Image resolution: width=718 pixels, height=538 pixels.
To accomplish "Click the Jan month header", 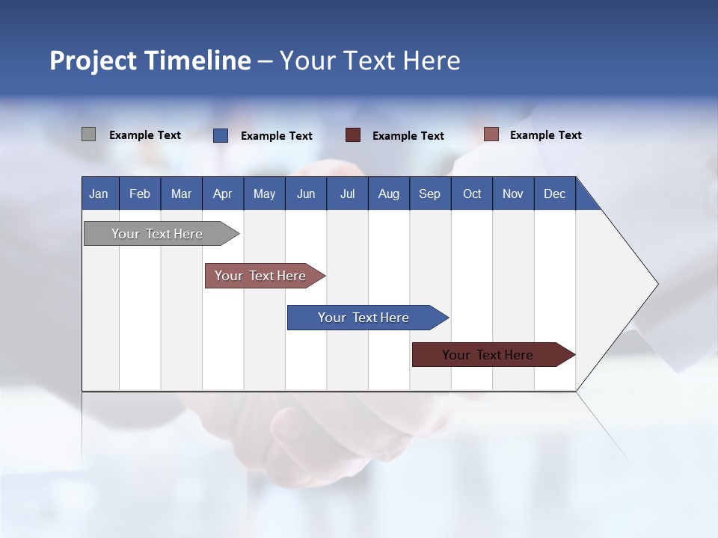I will pyautogui.click(x=99, y=194).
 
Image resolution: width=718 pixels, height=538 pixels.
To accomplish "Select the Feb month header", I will pyautogui.click(x=140, y=194).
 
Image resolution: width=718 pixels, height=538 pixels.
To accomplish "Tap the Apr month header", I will pyautogui.click(x=223, y=194).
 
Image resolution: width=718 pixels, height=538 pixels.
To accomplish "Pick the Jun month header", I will pyautogui.click(x=306, y=194).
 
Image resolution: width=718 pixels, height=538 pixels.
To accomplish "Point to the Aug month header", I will pyautogui.click(x=389, y=194).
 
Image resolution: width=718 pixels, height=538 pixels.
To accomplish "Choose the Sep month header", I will pyautogui.click(x=430, y=194).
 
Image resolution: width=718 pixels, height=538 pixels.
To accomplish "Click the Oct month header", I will pyautogui.click(x=472, y=194).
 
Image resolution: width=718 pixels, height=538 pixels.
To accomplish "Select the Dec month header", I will pyautogui.click(x=555, y=194).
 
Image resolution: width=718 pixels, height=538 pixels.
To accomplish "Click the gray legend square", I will pyautogui.click(x=88, y=134).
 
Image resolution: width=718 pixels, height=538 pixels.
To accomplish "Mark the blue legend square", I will pyautogui.click(x=221, y=135).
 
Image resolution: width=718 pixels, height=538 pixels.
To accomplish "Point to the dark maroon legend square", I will pyautogui.click(x=353, y=135).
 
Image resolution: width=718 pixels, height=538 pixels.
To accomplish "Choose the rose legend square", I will pyautogui.click(x=491, y=134).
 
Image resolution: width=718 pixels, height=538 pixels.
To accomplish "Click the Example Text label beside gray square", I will pyautogui.click(x=145, y=135).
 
